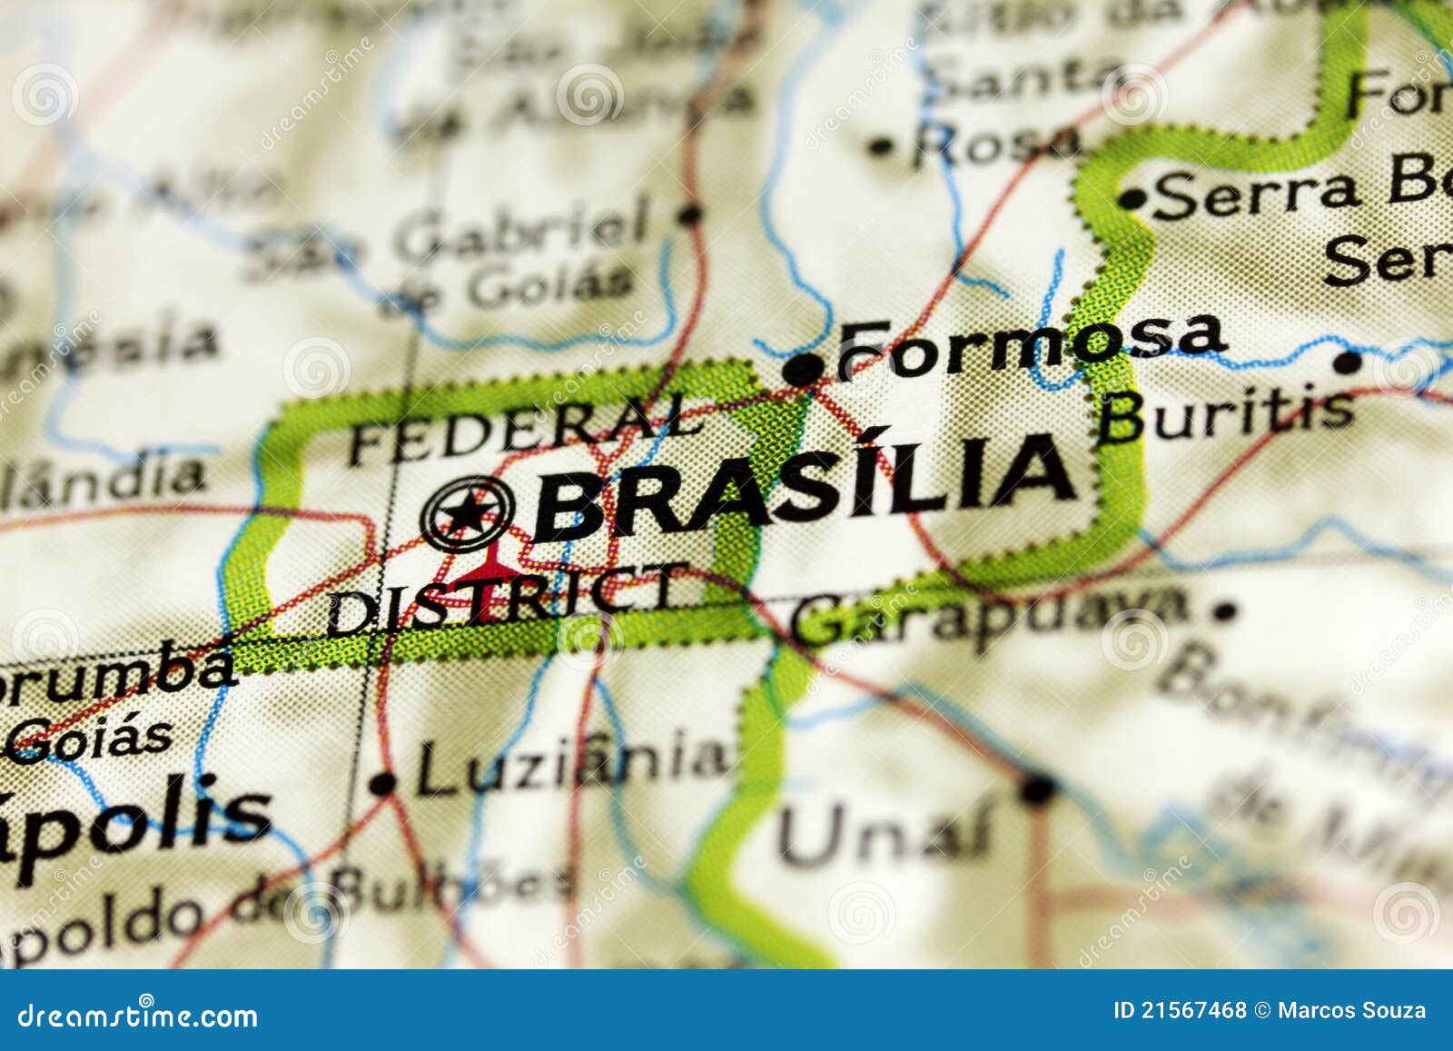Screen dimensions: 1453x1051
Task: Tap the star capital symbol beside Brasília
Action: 467,513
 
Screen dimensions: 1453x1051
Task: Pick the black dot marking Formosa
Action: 803,370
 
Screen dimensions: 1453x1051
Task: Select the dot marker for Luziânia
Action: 383,783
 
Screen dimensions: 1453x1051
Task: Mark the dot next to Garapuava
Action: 1225,610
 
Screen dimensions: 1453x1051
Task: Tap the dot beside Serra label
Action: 1132,198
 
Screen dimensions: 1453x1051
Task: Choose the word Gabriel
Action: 527,232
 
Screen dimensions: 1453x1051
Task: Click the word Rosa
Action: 996,144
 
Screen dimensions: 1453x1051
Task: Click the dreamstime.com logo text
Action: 138,1015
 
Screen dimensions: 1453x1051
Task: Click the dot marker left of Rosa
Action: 880,145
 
